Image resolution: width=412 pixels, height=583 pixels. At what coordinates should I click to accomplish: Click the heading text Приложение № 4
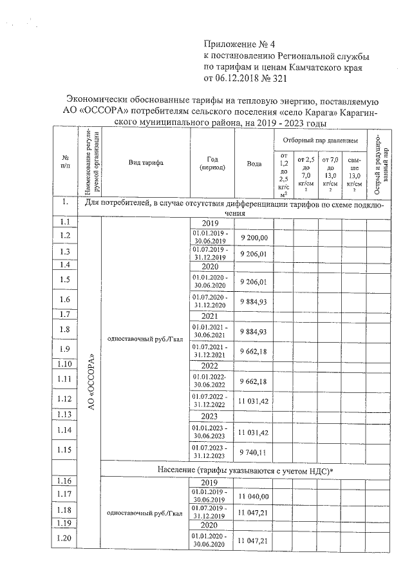tap(239, 44)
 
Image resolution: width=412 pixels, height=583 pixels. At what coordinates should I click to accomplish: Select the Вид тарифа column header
tap(144, 162)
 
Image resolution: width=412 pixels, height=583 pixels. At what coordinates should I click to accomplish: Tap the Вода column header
tap(254, 164)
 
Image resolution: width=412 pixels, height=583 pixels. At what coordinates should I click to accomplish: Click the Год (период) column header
tap(212, 162)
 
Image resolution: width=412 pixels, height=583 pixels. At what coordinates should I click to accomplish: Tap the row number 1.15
tap(64, 449)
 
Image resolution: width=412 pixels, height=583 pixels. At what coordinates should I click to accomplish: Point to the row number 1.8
tap(64, 330)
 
